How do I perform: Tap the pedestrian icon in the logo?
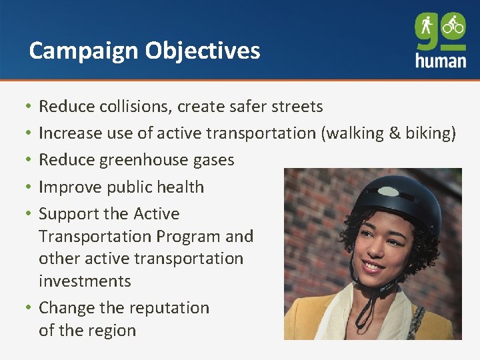coord(427,26)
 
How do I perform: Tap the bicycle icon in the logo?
coord(453,25)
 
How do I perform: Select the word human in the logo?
coord(440,60)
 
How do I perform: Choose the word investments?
coord(85,281)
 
